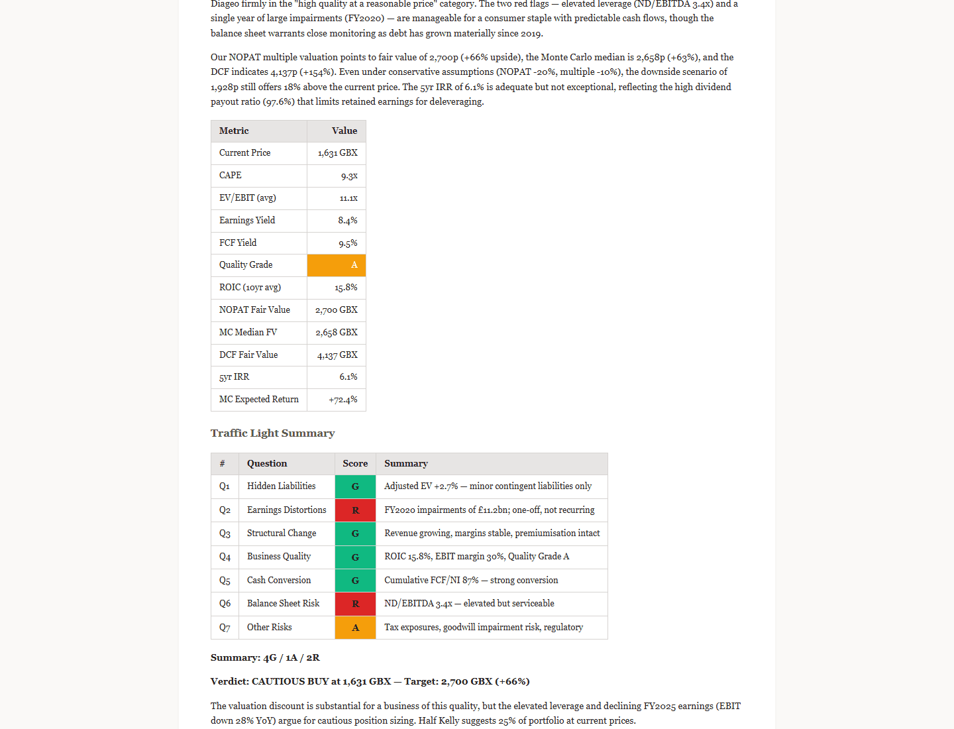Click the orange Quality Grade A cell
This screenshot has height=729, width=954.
pos(337,265)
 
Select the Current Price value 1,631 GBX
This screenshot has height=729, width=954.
pos(337,153)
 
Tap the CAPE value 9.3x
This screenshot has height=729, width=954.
pos(349,176)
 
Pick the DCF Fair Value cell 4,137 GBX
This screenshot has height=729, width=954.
pos(337,355)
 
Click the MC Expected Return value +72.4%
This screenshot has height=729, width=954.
pos(343,400)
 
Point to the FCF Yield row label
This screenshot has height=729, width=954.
pos(238,243)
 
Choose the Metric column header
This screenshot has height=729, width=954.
pos(234,131)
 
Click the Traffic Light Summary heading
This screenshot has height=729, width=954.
pos(272,433)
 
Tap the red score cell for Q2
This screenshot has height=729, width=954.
pos(355,510)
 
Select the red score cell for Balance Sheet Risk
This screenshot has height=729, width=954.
pos(355,604)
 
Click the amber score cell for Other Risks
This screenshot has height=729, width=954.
pos(355,628)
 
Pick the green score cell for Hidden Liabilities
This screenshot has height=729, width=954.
pos(355,486)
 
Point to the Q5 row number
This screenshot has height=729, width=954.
pos(225,581)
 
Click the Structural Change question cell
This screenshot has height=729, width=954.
pos(282,533)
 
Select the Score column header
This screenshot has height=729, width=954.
pos(355,464)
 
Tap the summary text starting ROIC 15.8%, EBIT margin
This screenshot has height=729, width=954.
pos(476,557)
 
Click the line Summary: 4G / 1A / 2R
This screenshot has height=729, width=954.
pos(265,658)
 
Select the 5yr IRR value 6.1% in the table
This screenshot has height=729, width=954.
pos(348,377)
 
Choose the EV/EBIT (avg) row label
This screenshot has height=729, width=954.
pos(247,198)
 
